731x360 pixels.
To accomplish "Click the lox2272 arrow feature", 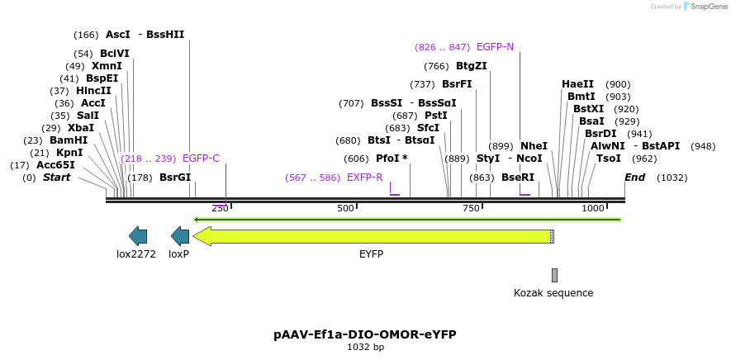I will click(x=138, y=236).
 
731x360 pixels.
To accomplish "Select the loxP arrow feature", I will click(x=180, y=236).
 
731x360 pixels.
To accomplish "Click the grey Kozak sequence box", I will click(x=554, y=275).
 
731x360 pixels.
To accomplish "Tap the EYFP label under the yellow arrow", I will click(x=371, y=254).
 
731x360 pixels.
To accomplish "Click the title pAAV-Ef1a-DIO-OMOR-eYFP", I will click(x=365, y=334).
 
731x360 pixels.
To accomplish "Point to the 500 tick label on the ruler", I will click(x=345, y=209).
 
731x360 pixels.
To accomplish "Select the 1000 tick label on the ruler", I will click(x=593, y=209).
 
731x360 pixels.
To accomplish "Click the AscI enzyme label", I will click(x=118, y=35).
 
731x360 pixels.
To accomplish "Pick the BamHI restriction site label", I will click(x=69, y=140).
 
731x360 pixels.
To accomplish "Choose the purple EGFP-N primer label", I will click(x=495, y=47).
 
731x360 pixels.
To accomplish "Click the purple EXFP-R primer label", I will click(x=364, y=178).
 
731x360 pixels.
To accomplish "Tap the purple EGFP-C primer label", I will click(x=201, y=159).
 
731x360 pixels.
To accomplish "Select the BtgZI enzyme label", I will click(x=472, y=66).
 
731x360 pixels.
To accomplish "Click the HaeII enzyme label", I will click(x=577, y=84).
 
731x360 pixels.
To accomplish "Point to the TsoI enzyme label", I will click(x=609, y=159).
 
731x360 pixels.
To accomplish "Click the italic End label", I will click(x=634, y=178).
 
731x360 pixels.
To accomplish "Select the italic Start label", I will click(x=56, y=178).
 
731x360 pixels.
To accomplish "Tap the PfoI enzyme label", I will click(x=387, y=159).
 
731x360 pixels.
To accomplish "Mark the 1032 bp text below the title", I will click(x=365, y=348).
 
